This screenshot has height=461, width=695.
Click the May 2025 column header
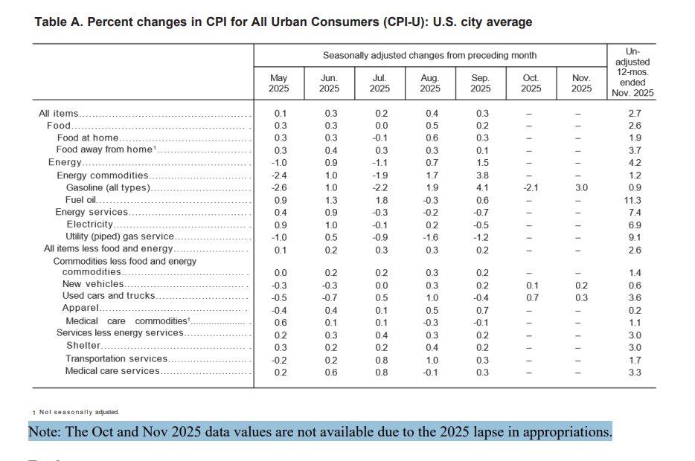pyautogui.click(x=278, y=83)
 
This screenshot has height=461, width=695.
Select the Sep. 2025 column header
pyautogui.click(x=480, y=83)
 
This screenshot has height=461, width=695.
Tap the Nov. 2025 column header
pyautogui.click(x=581, y=83)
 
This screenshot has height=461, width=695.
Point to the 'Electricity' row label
pyautogui.click(x=89, y=224)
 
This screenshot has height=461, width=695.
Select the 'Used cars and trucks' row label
pyautogui.click(x=109, y=296)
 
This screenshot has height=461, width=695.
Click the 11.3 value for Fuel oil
pyautogui.click(x=634, y=200)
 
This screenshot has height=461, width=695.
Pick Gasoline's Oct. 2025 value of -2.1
pyautogui.click(x=530, y=187)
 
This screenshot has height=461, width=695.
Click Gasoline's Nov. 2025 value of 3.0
pyautogui.click(x=581, y=187)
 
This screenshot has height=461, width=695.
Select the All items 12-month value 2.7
pyautogui.click(x=634, y=114)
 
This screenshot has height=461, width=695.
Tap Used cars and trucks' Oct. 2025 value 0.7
pyautogui.click(x=531, y=297)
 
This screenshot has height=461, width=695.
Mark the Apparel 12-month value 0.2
pyautogui.click(x=634, y=309)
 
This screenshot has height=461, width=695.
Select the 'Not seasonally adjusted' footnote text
pyautogui.click(x=79, y=411)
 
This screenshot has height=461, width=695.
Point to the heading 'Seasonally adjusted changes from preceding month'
pyautogui.click(x=429, y=56)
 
